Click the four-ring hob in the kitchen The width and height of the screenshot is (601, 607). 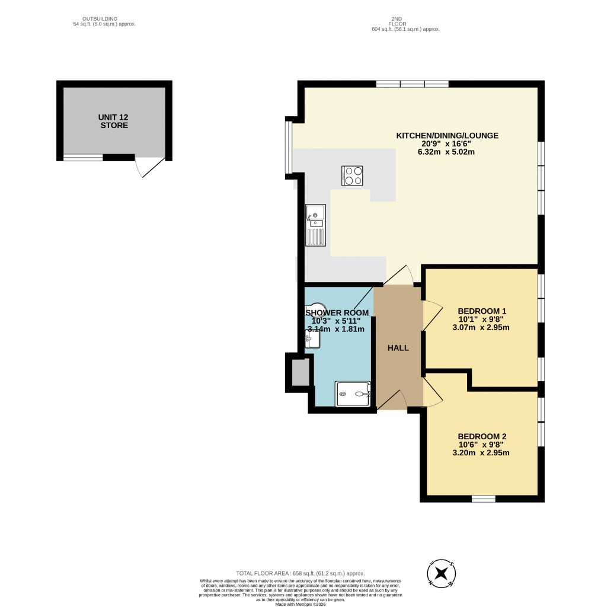(x=352, y=175)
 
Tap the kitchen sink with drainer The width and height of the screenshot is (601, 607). (x=315, y=225)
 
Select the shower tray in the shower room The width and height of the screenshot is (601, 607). (x=353, y=394)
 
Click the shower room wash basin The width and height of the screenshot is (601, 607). (x=312, y=339)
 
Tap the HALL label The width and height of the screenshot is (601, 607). (x=398, y=348)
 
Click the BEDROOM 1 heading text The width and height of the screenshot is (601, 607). (x=482, y=311)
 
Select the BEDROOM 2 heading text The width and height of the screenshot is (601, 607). (x=482, y=437)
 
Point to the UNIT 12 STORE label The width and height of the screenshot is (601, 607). (x=114, y=121)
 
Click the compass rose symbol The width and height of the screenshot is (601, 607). (x=441, y=573)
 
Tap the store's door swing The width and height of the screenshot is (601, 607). (x=149, y=167)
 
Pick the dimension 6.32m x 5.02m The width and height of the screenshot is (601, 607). (x=446, y=152)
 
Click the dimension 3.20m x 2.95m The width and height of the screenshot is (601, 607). (x=481, y=452)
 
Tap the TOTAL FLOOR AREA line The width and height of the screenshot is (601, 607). (x=300, y=573)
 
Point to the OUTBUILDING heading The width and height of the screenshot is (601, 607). (x=100, y=18)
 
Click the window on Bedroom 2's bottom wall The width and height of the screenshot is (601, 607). (x=484, y=499)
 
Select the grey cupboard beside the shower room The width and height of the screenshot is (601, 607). (x=300, y=372)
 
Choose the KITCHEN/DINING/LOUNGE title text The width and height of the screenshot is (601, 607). (x=447, y=136)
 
